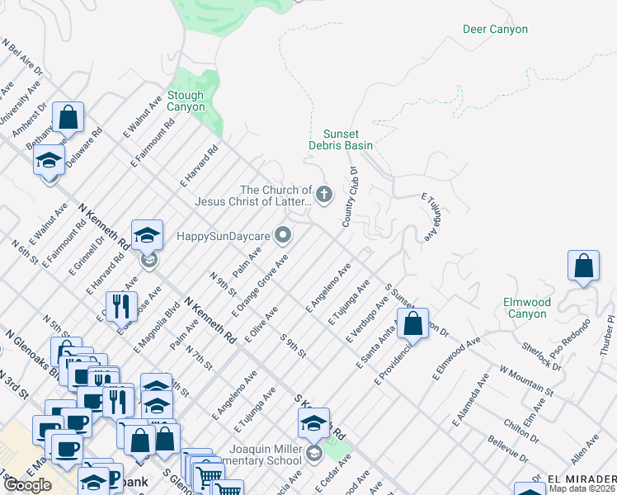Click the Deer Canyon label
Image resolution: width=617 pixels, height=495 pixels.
495,30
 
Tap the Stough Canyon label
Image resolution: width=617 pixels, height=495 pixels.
186,101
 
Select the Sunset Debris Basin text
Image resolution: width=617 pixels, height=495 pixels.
341,139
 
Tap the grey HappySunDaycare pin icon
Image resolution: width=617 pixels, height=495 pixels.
283,236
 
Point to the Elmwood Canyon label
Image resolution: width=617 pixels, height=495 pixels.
525,308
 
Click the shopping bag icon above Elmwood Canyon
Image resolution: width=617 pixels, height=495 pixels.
583,266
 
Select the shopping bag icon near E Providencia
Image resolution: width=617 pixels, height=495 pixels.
413,323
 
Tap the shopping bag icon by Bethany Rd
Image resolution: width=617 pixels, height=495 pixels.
68,117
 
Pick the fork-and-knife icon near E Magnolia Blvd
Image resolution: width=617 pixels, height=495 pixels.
123,306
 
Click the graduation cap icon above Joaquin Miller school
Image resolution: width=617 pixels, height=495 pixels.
313,423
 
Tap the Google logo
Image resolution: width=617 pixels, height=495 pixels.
27,485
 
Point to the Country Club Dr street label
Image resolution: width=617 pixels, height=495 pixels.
350,197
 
